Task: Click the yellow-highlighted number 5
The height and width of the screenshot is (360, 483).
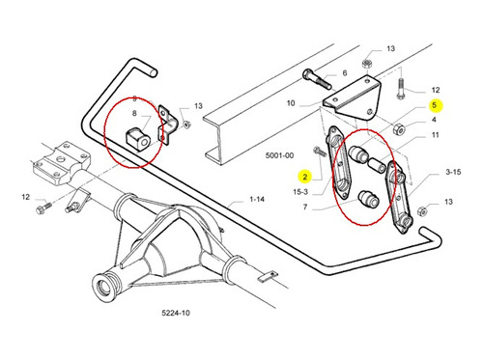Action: [435, 105]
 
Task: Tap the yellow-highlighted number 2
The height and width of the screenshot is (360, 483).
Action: [305, 177]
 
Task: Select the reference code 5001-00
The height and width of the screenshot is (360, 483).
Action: [279, 155]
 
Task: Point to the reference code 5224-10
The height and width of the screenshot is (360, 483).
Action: [176, 313]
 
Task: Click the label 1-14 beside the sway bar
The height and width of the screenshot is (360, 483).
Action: [257, 199]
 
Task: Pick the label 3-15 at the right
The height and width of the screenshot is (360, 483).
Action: [453, 172]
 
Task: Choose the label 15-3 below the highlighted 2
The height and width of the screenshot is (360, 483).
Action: [300, 192]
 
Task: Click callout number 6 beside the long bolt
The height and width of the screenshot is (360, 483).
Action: [345, 73]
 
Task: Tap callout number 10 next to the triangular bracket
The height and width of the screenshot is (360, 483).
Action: [291, 103]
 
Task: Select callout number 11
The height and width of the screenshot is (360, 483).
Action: [436, 135]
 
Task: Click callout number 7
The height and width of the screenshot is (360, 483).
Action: [305, 207]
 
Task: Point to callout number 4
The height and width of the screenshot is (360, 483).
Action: [434, 120]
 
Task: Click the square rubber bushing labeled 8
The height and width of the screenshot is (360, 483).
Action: [137, 140]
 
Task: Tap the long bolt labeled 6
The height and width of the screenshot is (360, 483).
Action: [317, 79]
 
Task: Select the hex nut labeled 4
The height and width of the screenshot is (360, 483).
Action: [399, 128]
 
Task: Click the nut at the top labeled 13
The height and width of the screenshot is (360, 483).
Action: [367, 63]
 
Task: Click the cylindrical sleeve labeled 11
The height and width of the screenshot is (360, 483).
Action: [377, 164]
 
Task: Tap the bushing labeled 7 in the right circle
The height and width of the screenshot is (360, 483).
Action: [369, 199]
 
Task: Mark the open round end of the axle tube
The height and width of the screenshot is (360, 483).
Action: [102, 286]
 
